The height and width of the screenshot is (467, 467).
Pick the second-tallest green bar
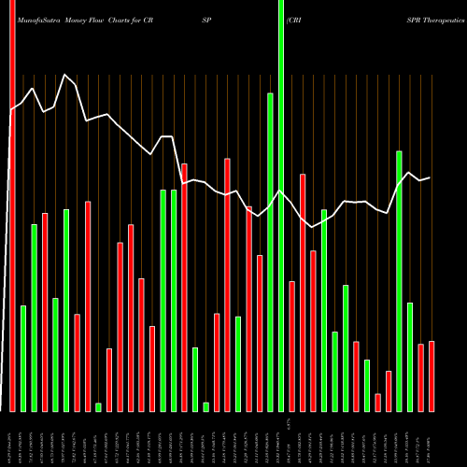pos(271,252)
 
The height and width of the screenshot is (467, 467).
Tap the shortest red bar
pos(378,403)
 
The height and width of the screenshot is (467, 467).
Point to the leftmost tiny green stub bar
pos(98,406)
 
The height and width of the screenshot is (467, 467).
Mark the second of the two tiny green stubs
pos(205,406)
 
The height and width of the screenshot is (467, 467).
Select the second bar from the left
pos(23,359)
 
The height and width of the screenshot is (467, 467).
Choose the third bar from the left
pos(34,318)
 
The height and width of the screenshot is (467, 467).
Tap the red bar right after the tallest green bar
pos(292,346)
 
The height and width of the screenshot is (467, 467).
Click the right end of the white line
pos(431,177)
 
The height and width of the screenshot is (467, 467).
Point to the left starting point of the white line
pos(11,111)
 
